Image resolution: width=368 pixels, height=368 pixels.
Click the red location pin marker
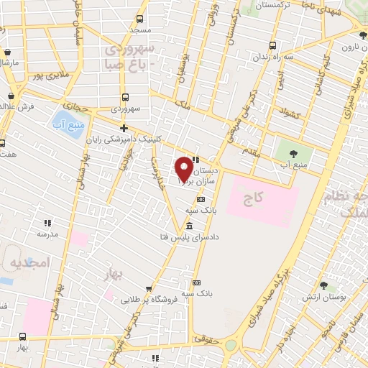point(184,170)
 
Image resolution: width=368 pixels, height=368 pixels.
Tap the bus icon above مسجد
point(139,19)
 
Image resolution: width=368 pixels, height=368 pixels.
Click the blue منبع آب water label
point(63,124)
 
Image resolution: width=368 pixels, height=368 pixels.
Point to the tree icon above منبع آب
point(293,152)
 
